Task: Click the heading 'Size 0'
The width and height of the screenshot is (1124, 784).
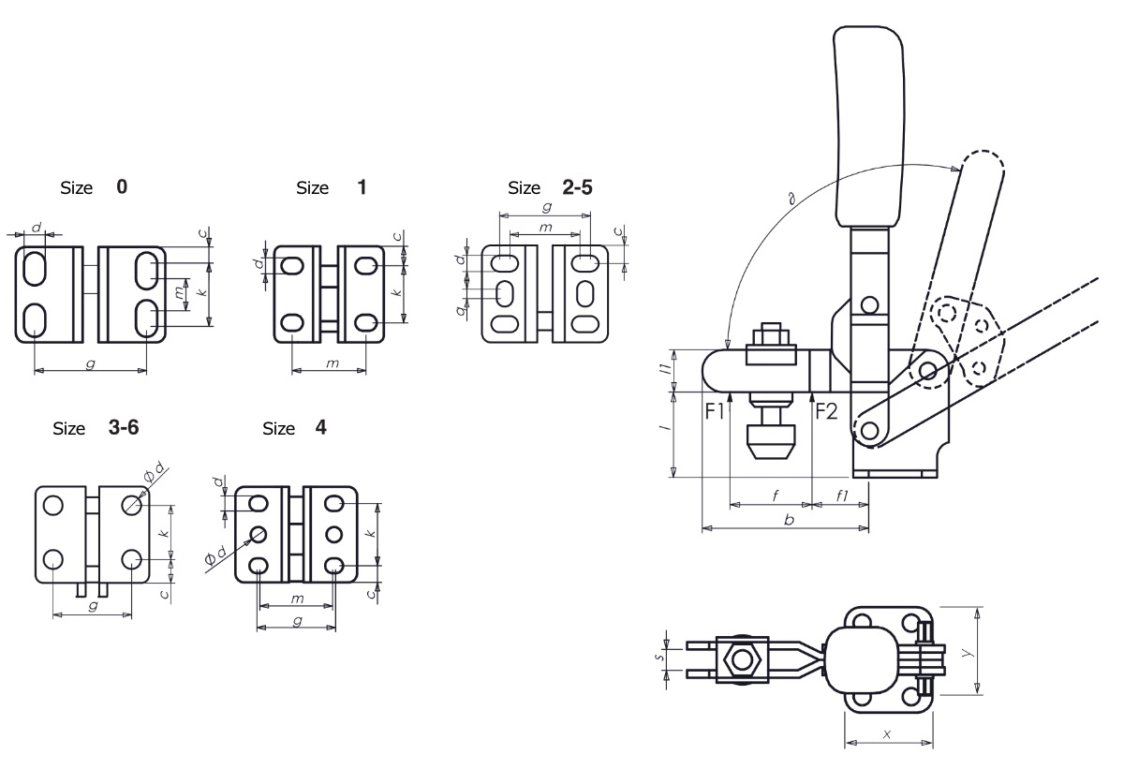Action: (93, 187)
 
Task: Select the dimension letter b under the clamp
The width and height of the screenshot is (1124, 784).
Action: (789, 519)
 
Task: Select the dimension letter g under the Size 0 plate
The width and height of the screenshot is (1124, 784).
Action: (90, 363)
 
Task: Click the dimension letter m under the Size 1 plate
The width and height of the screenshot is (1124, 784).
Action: (332, 362)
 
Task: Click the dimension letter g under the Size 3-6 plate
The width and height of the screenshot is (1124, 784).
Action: (92, 607)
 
